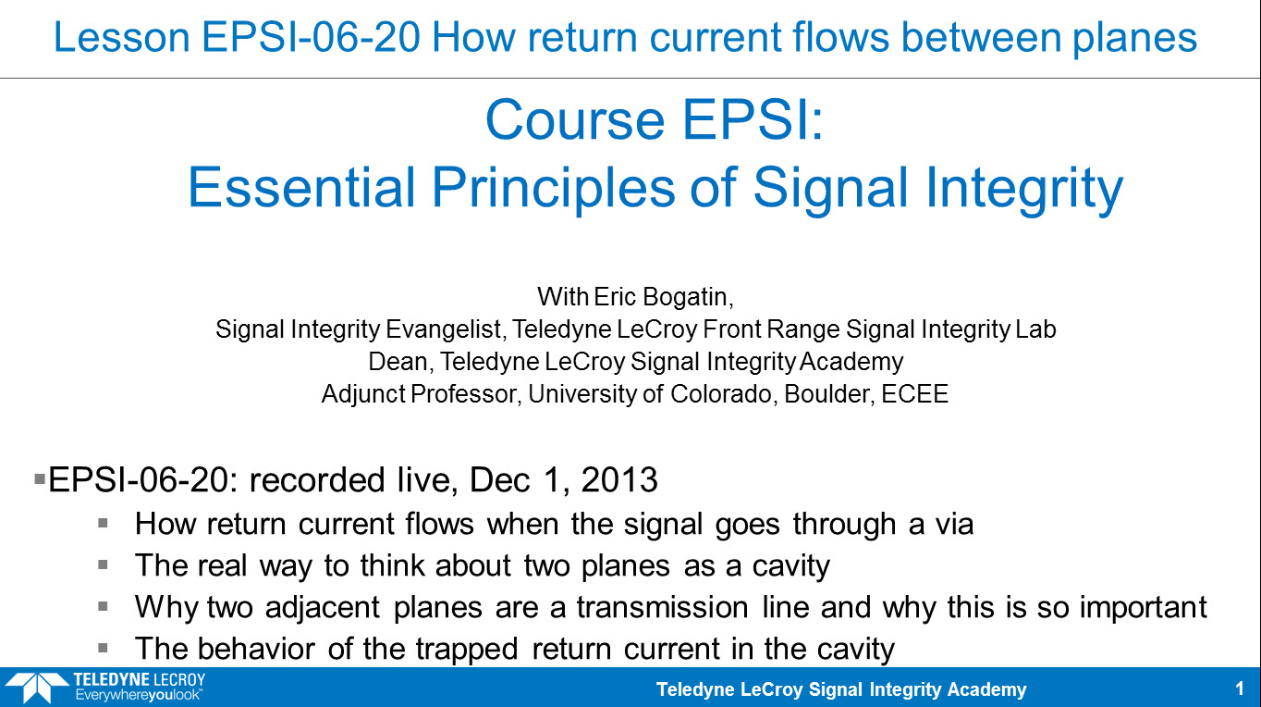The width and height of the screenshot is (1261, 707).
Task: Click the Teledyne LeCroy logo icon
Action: pos(37,688)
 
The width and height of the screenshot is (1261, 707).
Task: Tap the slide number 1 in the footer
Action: pos(1239,688)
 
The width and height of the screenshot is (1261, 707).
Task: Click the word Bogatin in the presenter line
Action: pos(688,297)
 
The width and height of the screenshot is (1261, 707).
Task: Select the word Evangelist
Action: pos(444,329)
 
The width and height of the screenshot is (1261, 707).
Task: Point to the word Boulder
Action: pos(829,394)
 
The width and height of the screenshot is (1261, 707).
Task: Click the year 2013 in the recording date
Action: pos(619,480)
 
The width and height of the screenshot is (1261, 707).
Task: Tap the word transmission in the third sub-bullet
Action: pos(662,607)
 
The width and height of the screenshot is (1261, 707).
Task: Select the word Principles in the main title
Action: pos(554,188)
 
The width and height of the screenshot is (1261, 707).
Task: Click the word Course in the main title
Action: pos(575,120)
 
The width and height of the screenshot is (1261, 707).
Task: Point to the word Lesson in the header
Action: pos(122,37)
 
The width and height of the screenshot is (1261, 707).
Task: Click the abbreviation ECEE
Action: pos(915,394)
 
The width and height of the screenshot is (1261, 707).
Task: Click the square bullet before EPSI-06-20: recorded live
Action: pos(40,478)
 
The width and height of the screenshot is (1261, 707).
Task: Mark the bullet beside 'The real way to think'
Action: pos(103,564)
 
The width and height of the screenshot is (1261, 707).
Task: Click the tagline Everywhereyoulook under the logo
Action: pos(139,695)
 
